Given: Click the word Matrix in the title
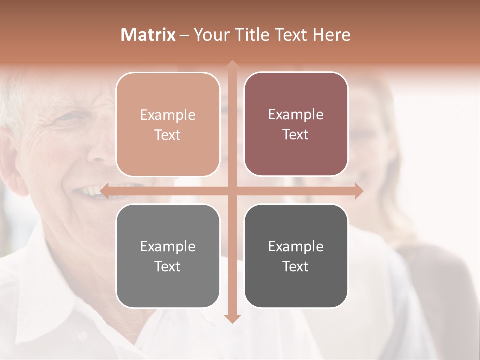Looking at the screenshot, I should pyautogui.click(x=148, y=35).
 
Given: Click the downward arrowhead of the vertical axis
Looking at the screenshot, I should pyautogui.click(x=232, y=319).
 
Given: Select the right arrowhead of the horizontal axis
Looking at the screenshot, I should pyautogui.click(x=359, y=191).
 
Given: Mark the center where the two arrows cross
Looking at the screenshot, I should pyautogui.click(x=232, y=191).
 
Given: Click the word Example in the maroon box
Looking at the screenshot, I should pyautogui.click(x=296, y=114).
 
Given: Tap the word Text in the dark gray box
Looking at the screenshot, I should pyautogui.click(x=296, y=266).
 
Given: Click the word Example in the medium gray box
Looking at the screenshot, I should pyautogui.click(x=168, y=246).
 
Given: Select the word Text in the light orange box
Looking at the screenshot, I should pyautogui.click(x=168, y=135).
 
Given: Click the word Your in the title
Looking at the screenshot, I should pyautogui.click(x=211, y=35).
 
